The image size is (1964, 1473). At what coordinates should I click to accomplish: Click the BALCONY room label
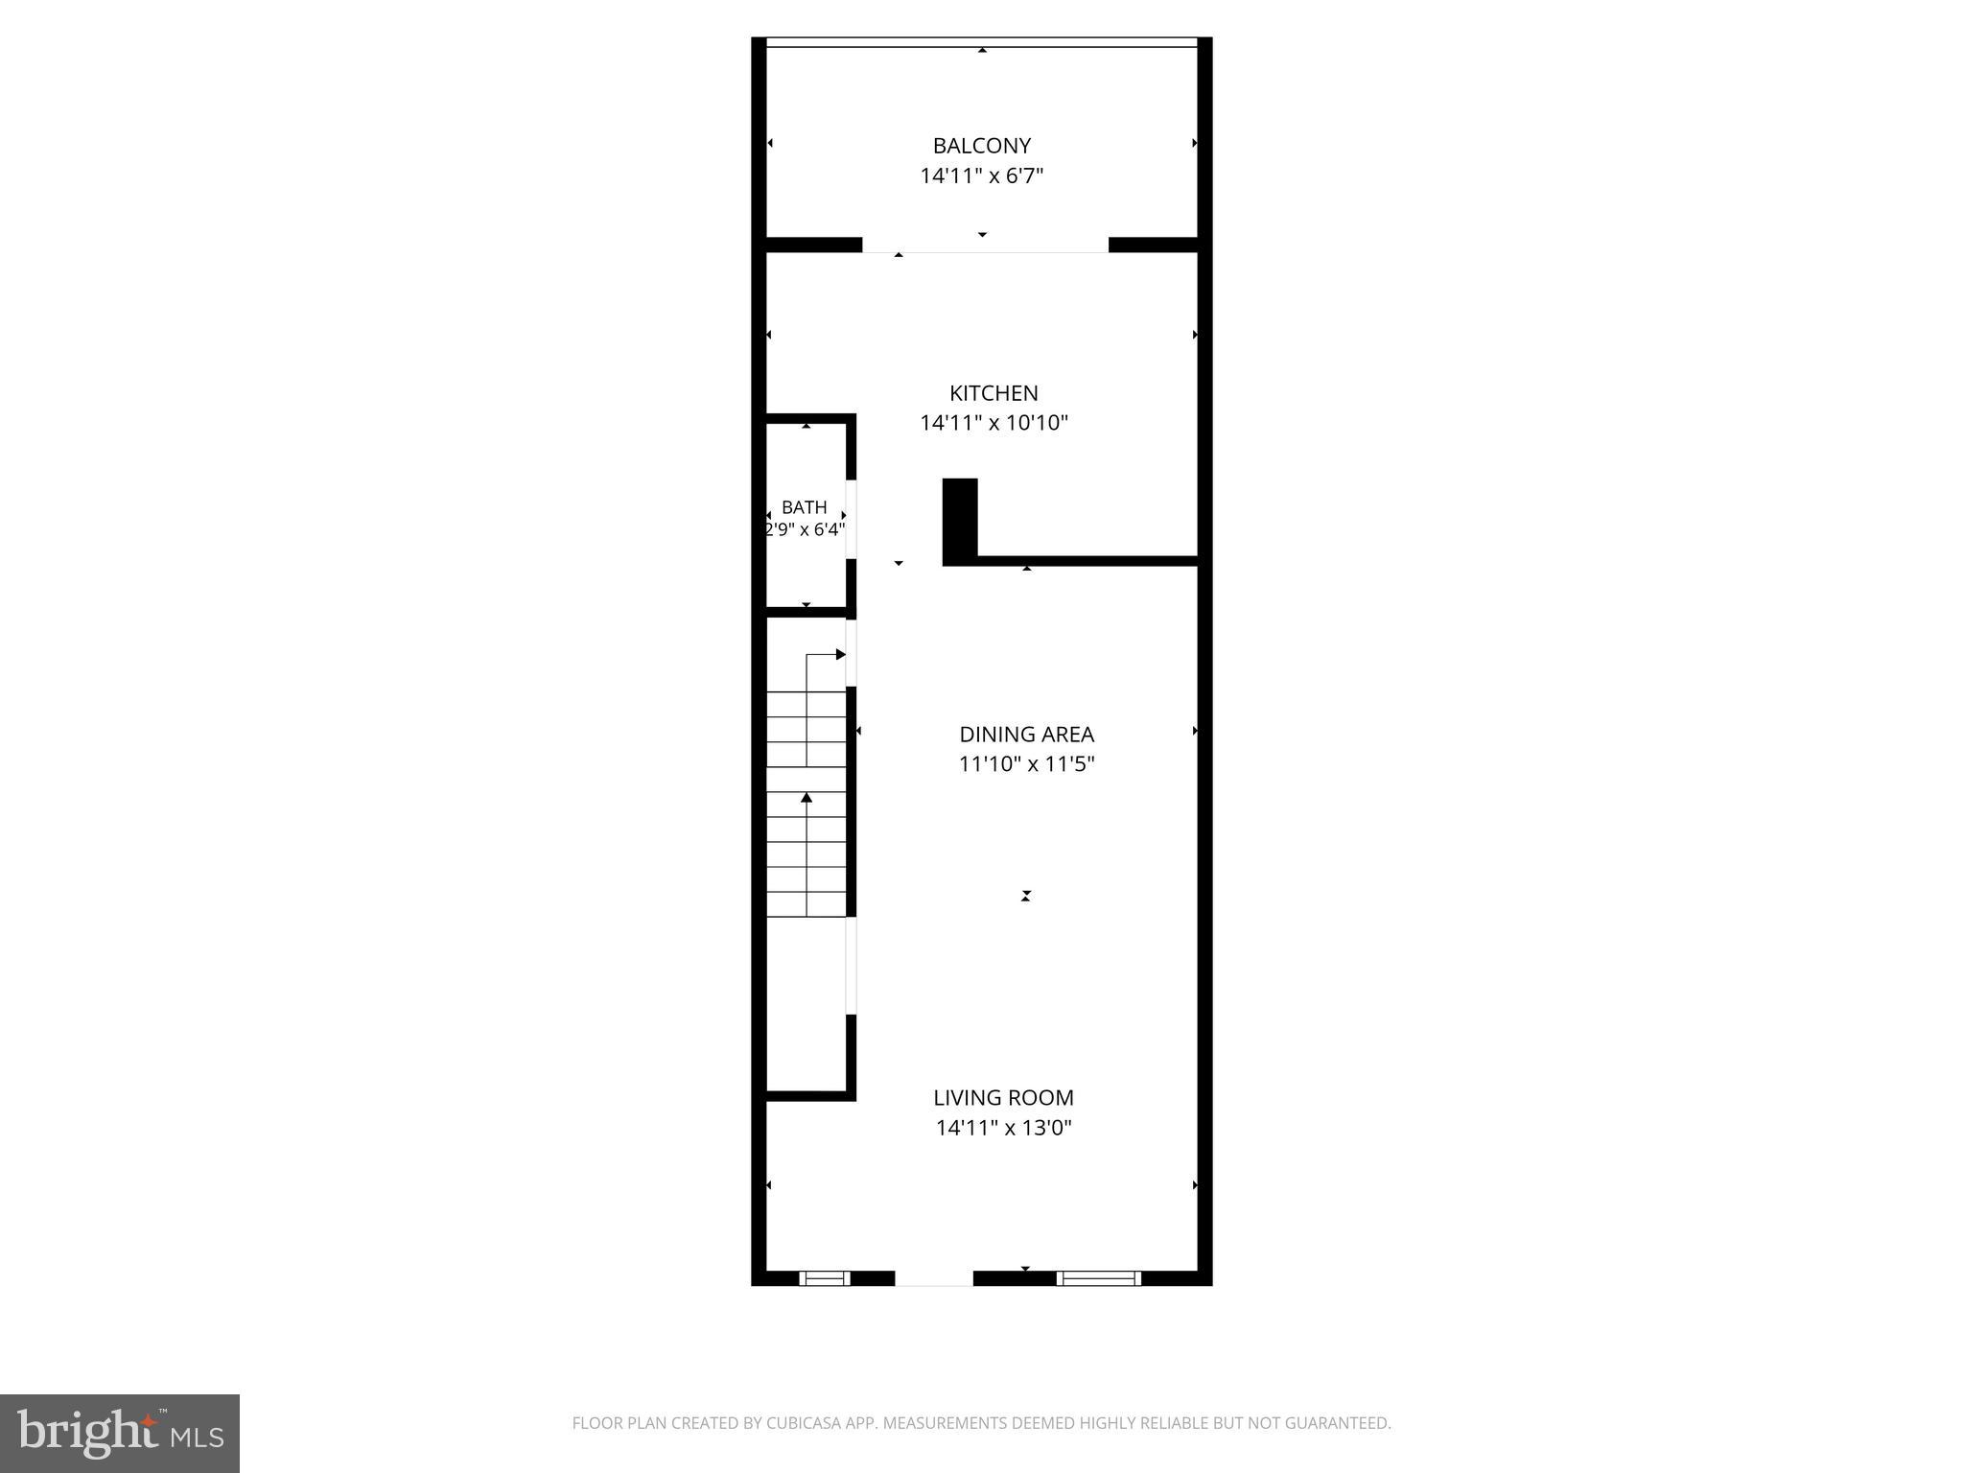[x=981, y=146]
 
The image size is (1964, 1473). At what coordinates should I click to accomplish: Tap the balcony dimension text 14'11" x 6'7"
[x=981, y=175]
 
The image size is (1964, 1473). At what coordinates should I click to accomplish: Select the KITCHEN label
[x=994, y=393]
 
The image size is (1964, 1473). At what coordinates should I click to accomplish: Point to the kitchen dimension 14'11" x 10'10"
[x=994, y=423]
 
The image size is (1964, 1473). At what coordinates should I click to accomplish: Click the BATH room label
[x=804, y=507]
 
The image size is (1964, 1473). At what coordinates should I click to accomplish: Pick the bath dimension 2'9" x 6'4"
[x=804, y=529]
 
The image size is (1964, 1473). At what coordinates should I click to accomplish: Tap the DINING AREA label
[x=1026, y=735]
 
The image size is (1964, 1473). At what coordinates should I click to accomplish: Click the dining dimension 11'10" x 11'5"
[x=1026, y=764]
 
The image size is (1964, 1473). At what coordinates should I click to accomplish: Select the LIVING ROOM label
[x=1003, y=1098]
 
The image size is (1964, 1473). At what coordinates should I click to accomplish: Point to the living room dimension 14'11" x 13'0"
[x=1003, y=1128]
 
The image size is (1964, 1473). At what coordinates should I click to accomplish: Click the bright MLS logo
[x=120, y=1434]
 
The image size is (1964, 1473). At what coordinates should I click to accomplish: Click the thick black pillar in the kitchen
[x=960, y=520]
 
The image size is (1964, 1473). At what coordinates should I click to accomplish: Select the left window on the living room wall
[x=825, y=1278]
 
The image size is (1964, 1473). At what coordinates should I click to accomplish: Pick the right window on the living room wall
[x=1099, y=1278]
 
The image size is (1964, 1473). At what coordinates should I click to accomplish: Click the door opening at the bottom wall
[x=934, y=1278]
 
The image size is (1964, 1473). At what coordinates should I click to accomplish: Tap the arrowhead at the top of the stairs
[x=840, y=655]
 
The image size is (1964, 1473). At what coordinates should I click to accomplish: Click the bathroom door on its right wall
[x=851, y=519]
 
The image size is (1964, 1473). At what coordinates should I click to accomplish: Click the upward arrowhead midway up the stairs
[x=807, y=798]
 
